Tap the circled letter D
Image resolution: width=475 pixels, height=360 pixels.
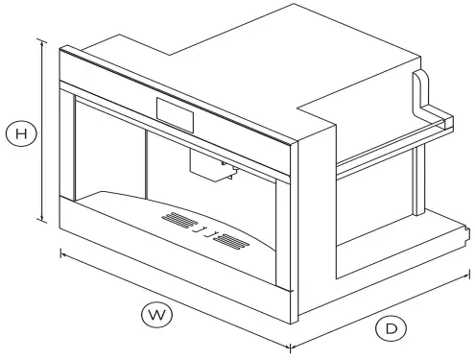pos(391,328)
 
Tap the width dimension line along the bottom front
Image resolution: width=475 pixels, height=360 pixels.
pos(173,298)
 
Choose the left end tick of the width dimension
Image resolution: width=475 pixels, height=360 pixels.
pos(61,252)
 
